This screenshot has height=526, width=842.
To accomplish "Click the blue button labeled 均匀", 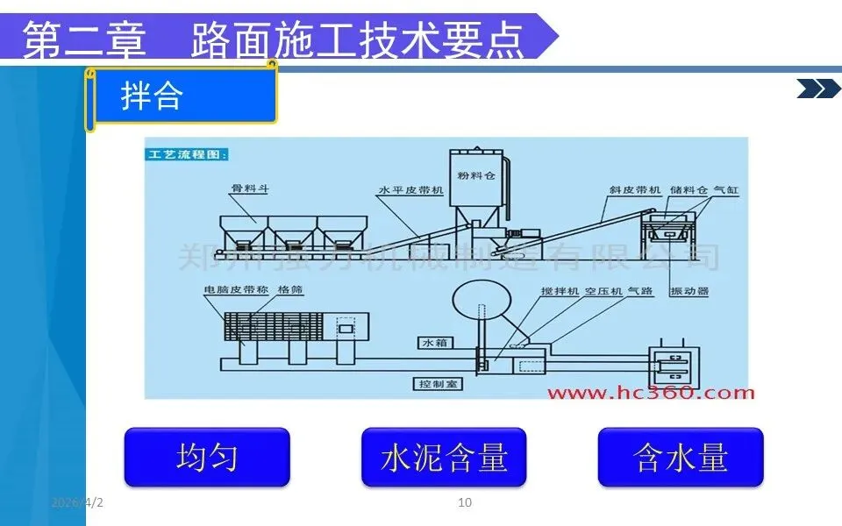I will tap(207, 457).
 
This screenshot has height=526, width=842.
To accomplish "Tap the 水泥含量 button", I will tap(444, 457).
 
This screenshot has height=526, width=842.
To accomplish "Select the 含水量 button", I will tap(681, 457).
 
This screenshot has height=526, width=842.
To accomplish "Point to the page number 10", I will tap(466, 502).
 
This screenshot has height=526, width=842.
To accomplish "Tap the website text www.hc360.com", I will tap(650, 393).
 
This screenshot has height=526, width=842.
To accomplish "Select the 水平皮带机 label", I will tap(410, 189).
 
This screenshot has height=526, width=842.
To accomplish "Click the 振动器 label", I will tap(688, 290).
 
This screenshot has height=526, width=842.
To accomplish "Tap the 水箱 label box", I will tap(435, 343).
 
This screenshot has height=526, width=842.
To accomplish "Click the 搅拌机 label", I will tap(560, 290).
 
